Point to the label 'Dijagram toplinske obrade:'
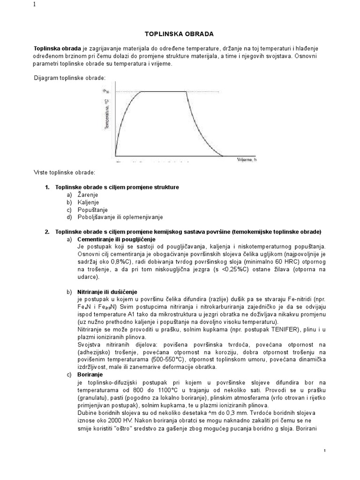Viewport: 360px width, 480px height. (71, 77)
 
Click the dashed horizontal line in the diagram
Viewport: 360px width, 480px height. (150, 91)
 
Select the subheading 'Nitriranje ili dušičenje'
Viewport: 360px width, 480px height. (107, 292)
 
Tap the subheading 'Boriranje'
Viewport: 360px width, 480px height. (90, 375)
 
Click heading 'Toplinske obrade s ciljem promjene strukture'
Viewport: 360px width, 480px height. (117, 187)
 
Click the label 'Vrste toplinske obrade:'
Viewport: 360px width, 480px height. (64, 173)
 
